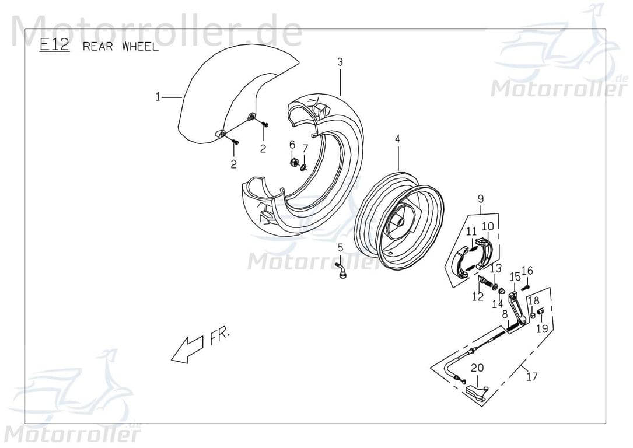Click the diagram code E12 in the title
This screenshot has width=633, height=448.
click(x=54, y=45)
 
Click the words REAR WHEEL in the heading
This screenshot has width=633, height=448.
click(x=120, y=47)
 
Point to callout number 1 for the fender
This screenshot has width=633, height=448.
click(x=158, y=97)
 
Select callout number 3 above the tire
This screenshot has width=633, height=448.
click(x=340, y=61)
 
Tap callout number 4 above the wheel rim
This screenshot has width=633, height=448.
click(x=397, y=139)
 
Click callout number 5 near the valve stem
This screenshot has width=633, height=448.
click(x=340, y=248)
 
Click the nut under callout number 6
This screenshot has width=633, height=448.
click(x=295, y=162)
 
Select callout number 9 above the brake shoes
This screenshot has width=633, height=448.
click(x=481, y=198)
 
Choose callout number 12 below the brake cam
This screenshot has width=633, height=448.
click(x=478, y=297)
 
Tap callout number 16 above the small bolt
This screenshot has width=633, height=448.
click(x=527, y=270)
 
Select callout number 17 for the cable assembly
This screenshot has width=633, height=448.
click(x=531, y=376)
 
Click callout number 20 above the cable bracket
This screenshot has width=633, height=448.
click(x=477, y=367)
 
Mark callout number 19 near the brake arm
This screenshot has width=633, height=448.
click(x=542, y=328)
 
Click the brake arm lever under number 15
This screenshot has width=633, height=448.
click(x=515, y=306)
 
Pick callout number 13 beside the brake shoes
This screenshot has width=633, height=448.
click(x=495, y=268)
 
